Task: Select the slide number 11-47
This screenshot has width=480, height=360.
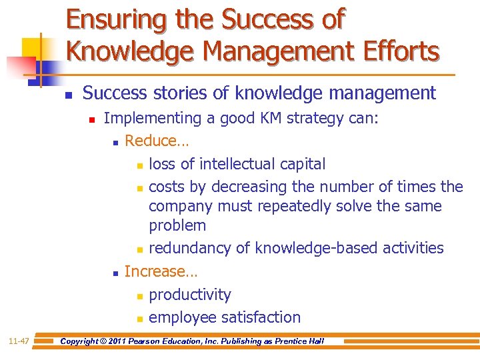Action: [18, 341]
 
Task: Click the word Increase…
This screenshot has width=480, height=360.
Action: [161, 271]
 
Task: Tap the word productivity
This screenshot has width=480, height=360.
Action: [190, 295]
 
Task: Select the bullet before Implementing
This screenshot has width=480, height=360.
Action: [92, 119]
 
